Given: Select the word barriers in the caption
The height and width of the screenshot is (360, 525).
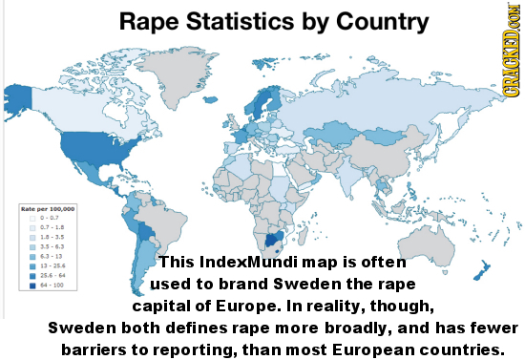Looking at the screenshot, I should coord(96,349).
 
